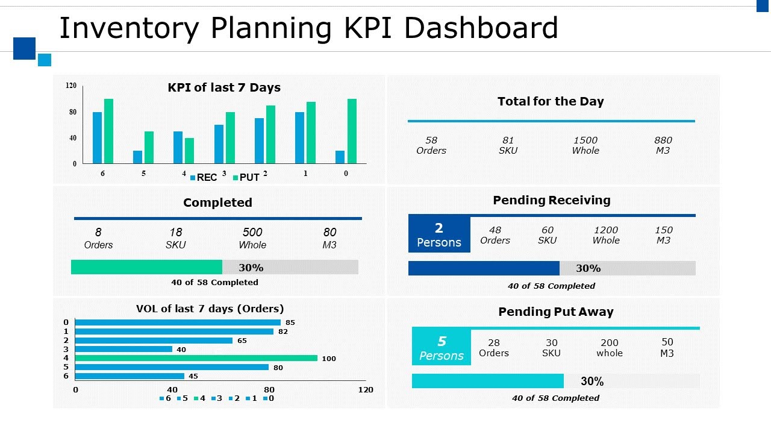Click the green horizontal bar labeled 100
[x=196, y=358]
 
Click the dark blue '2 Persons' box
[x=439, y=234]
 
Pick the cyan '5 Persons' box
[x=442, y=348]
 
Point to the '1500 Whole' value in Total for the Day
[x=585, y=145]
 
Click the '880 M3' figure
[x=663, y=145]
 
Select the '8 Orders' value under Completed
[x=98, y=238]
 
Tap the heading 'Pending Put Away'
[x=555, y=312]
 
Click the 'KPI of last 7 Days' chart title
[x=224, y=87]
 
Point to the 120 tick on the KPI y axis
[x=71, y=86]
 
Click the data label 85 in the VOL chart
[x=290, y=322]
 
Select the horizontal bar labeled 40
[x=123, y=349]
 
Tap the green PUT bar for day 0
[x=352, y=131]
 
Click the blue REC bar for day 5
[x=137, y=157]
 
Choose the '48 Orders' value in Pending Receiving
[x=495, y=235]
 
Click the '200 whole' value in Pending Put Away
[x=610, y=348]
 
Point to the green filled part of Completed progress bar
[x=146, y=267]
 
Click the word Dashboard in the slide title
[x=476, y=28]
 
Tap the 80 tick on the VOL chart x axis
[x=269, y=389]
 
